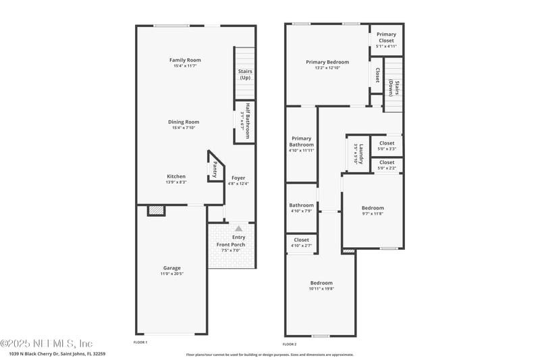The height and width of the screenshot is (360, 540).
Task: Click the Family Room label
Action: click(x=185, y=60)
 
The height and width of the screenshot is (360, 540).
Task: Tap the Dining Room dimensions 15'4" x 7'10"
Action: click(x=184, y=128)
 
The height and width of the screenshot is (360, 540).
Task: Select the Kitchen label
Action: click(x=176, y=176)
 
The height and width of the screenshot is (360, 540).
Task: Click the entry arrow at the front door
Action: click(x=238, y=229)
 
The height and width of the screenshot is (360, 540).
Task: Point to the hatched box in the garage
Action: click(x=156, y=211)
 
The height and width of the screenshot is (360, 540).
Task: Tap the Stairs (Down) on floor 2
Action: click(x=394, y=90)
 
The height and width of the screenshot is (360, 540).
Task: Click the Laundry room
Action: click(x=358, y=154)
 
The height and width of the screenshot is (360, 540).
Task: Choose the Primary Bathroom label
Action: click(x=301, y=142)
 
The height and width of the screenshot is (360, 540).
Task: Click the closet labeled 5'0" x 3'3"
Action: click(x=387, y=146)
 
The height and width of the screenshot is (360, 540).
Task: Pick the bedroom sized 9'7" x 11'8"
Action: click(x=373, y=211)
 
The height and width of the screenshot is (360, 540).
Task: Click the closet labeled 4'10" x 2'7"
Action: click(x=301, y=242)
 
